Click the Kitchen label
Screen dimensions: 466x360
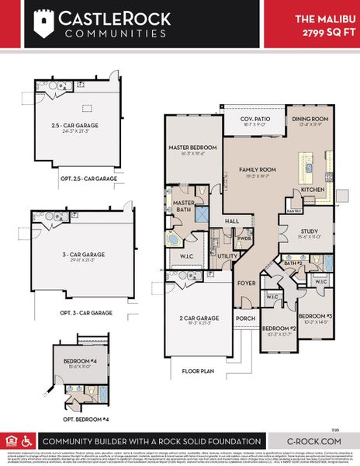coord(312,189)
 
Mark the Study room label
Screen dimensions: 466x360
coord(310,231)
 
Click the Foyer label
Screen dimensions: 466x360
coord(246,283)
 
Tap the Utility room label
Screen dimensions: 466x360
coord(227,255)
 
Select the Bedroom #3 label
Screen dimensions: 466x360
coord(314,315)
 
